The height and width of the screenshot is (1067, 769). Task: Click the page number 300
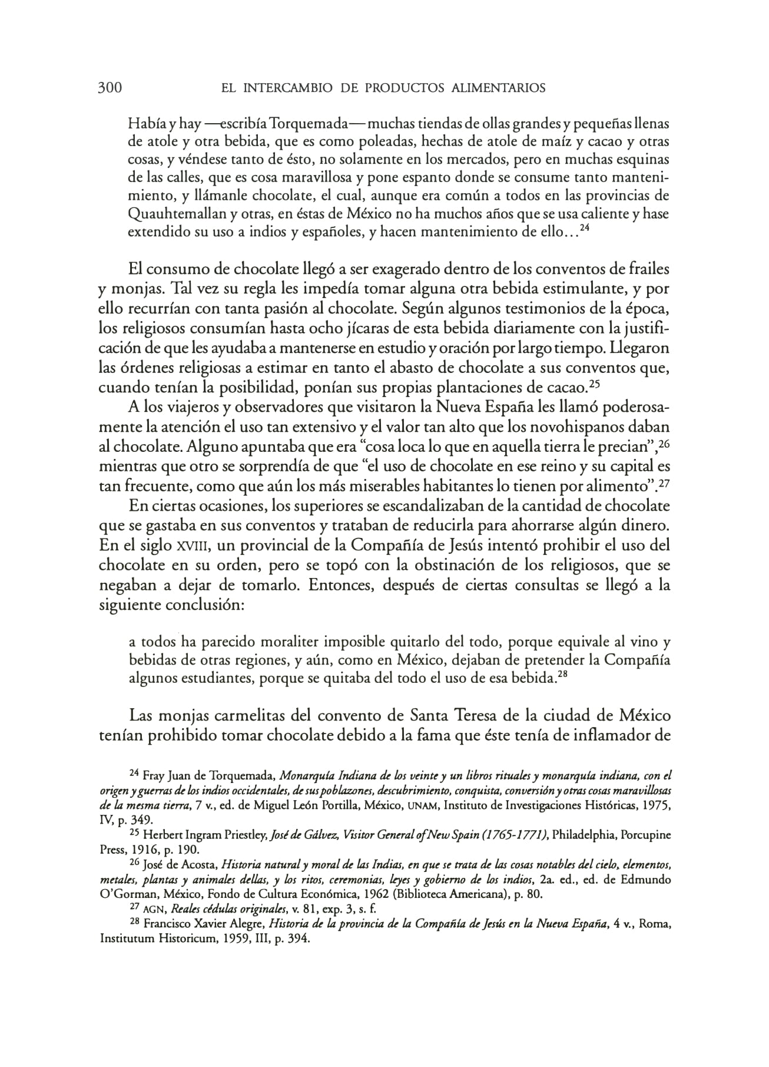tap(110, 88)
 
